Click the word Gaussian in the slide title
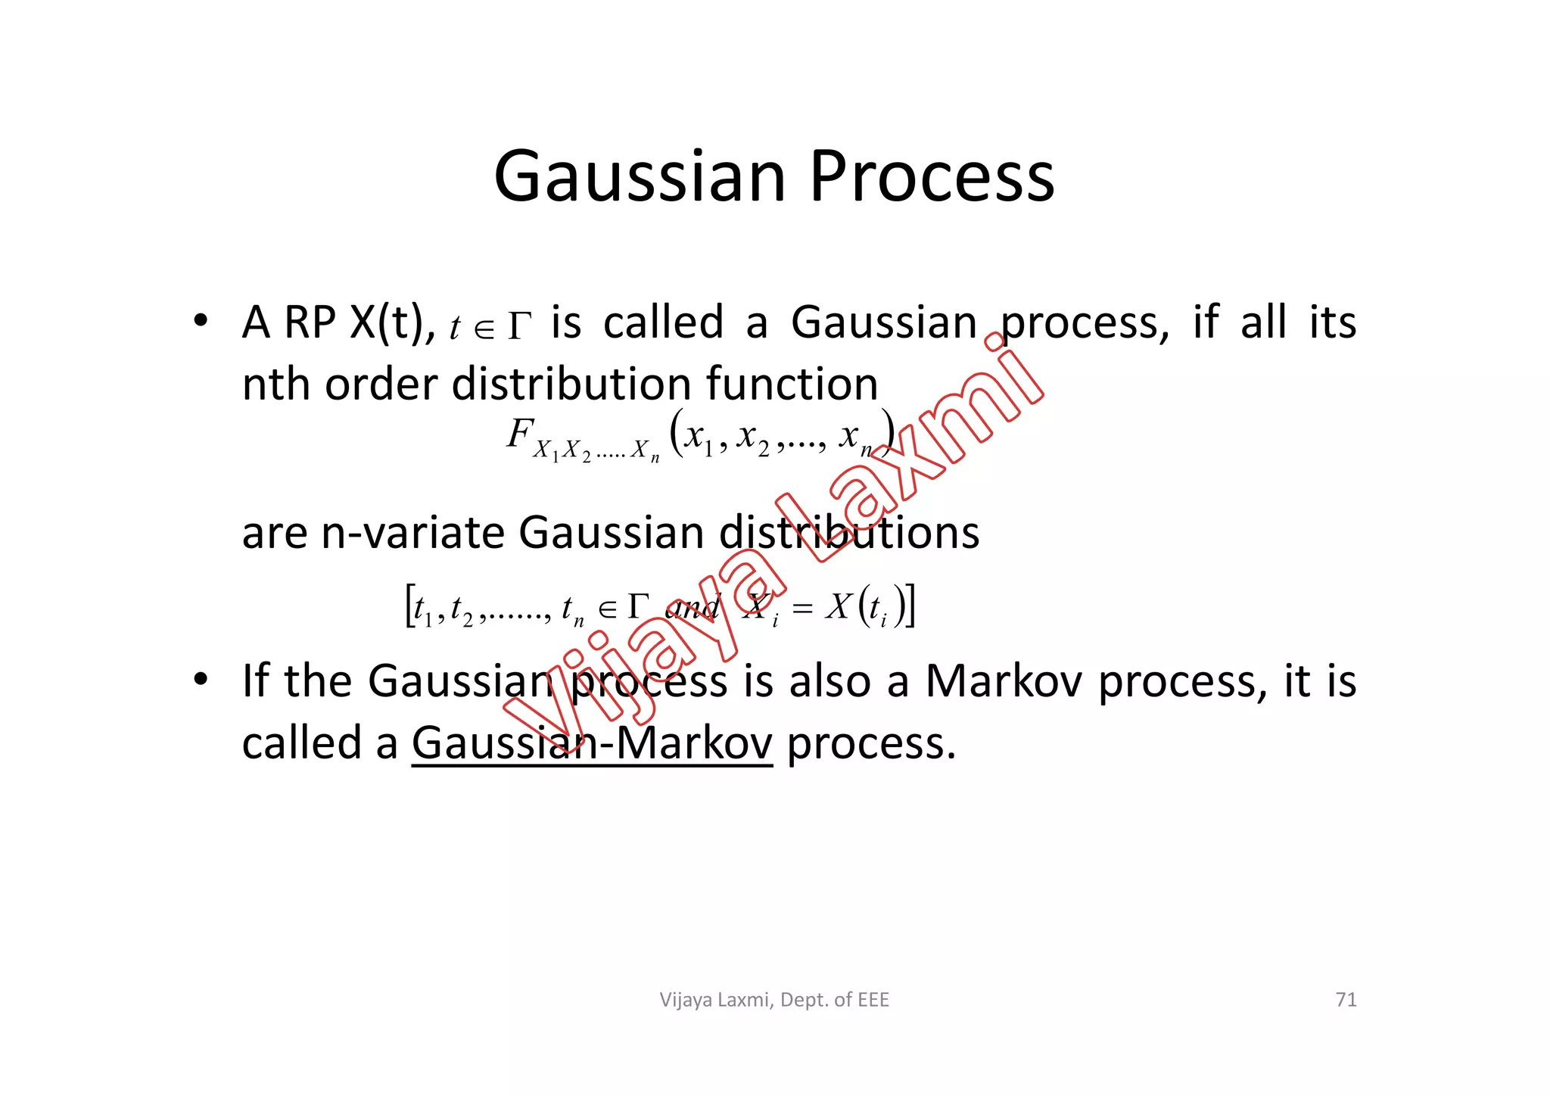point(640,177)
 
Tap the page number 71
point(1346,1000)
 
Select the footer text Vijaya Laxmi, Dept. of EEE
point(774,1000)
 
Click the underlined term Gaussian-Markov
point(592,743)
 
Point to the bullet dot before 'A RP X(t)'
point(200,322)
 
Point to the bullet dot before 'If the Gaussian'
point(200,680)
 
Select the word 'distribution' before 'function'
point(571,384)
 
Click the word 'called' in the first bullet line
point(663,322)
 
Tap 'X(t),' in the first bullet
point(392,322)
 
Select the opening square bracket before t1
point(409,606)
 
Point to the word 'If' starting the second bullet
point(256,680)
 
